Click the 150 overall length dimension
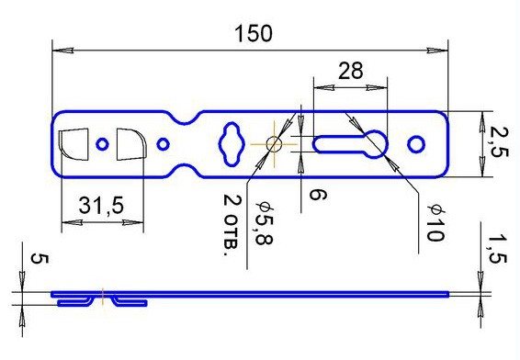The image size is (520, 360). tap(254, 34)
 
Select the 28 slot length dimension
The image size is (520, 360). tap(351, 71)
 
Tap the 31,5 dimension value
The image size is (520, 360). tap(101, 206)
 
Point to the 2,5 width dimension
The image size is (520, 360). tap(499, 142)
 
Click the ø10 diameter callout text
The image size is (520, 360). tap(436, 222)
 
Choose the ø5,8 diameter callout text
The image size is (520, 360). tap(265, 223)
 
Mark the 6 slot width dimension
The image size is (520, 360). tap(317, 195)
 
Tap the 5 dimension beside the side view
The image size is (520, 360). tap(40, 259)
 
